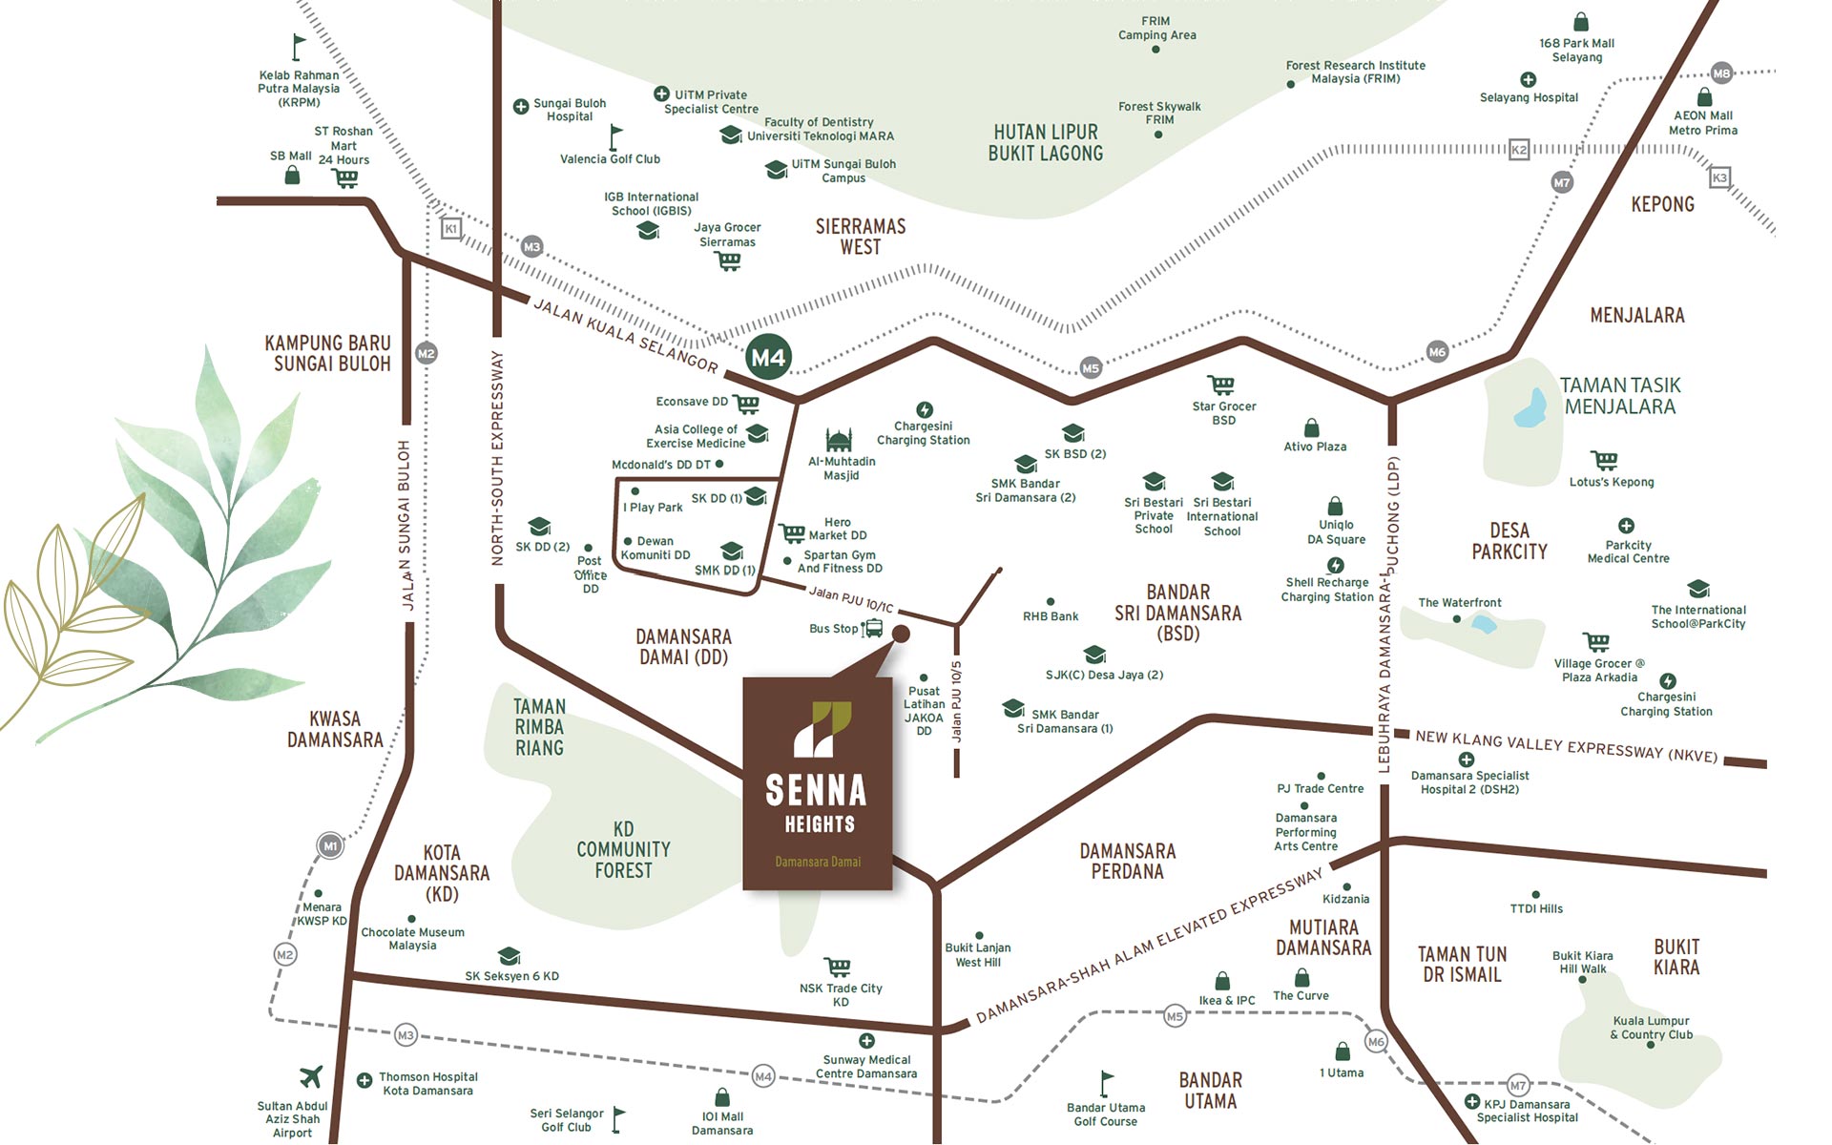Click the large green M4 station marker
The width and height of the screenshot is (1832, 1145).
768,358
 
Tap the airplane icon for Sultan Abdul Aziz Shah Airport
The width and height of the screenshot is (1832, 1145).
311,1076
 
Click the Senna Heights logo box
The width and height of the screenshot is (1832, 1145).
818,783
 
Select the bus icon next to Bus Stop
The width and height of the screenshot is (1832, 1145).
872,629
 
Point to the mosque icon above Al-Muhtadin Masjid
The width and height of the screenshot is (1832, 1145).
839,441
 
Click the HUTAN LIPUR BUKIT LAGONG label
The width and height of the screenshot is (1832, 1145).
1046,143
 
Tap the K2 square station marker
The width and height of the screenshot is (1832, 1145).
1519,150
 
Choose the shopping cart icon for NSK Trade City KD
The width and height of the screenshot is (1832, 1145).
838,968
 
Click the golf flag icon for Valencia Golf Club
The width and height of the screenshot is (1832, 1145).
615,136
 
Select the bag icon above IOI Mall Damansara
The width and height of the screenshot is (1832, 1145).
722,1097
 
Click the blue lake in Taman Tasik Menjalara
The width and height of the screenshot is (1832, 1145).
1530,408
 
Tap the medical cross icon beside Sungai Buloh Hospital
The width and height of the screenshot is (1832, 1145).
521,107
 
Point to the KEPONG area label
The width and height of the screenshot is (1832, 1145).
1662,204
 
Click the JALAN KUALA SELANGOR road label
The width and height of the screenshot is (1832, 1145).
624,335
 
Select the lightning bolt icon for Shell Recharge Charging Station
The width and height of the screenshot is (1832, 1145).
1336,566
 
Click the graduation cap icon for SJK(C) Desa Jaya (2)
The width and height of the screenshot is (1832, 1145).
1094,655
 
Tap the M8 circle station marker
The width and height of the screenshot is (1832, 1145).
1721,73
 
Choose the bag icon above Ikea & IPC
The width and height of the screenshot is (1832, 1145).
1222,981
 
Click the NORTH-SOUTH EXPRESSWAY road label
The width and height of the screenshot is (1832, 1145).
497,458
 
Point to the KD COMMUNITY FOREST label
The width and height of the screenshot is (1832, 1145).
623,849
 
